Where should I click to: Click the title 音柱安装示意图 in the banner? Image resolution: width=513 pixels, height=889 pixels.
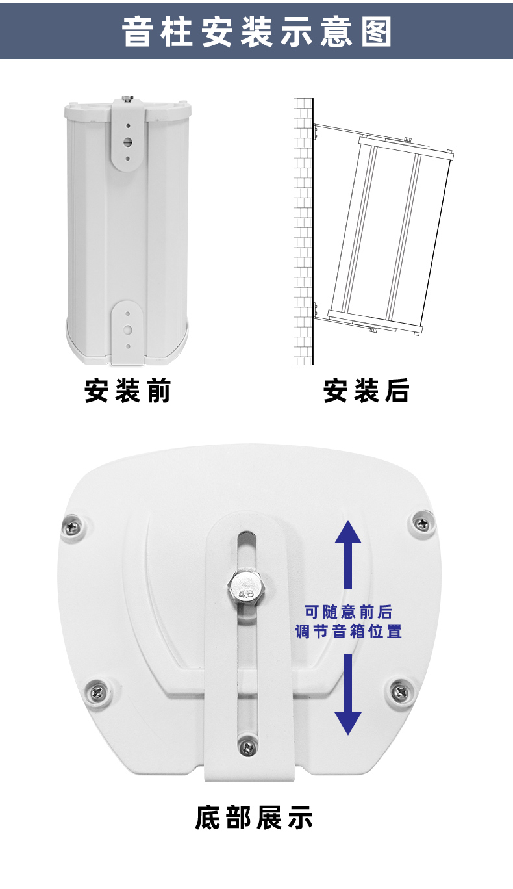point(256,32)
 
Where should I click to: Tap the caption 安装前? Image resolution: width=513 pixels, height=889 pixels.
point(128,391)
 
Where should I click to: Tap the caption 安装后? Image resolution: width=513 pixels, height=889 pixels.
point(366,391)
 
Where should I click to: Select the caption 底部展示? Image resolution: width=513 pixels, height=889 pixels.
point(254,817)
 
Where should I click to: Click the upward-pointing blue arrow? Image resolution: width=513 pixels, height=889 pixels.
point(347,554)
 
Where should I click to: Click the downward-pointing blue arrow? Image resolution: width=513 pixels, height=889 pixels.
point(347,695)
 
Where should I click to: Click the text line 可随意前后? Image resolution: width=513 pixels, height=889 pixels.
point(348,612)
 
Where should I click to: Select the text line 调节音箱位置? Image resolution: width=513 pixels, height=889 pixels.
point(348,631)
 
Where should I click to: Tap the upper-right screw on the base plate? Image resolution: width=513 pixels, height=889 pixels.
point(421,524)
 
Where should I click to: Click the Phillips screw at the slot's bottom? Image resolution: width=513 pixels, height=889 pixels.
point(248,749)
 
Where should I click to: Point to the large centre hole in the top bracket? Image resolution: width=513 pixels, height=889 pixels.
point(128,142)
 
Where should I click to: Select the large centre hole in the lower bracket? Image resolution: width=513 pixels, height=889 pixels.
point(128,329)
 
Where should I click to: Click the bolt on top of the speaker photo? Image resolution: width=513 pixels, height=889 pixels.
point(127,98)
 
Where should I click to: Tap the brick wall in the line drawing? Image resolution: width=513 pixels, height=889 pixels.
point(303,231)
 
